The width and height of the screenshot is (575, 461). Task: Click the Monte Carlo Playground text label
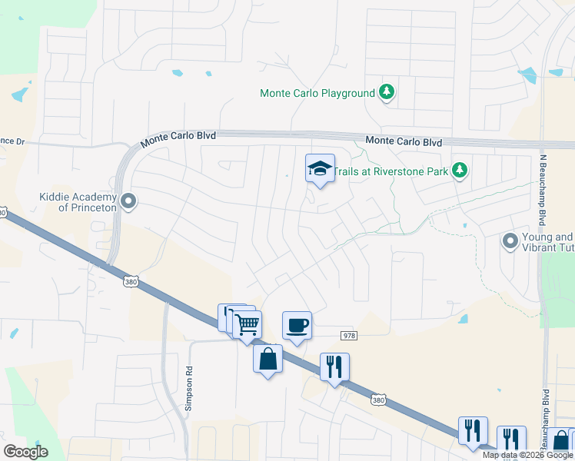click(x=317, y=94)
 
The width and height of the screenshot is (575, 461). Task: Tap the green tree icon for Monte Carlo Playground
click(x=387, y=94)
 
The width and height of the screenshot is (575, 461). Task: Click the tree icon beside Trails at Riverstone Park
click(x=460, y=171)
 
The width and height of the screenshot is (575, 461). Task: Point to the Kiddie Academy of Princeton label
click(x=78, y=202)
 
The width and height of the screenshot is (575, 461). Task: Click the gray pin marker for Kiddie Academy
click(x=128, y=202)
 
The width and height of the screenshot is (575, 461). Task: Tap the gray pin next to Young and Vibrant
click(x=510, y=242)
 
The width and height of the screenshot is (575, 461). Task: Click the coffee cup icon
click(x=297, y=326)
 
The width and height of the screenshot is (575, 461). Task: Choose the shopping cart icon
click(x=247, y=324)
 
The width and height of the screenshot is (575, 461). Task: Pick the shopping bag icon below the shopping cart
click(x=268, y=360)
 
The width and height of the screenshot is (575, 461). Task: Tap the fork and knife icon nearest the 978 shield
click(x=334, y=367)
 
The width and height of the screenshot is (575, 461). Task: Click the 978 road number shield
click(x=349, y=334)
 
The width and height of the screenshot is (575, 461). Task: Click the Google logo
click(x=25, y=452)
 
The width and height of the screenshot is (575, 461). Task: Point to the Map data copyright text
click(x=527, y=455)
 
